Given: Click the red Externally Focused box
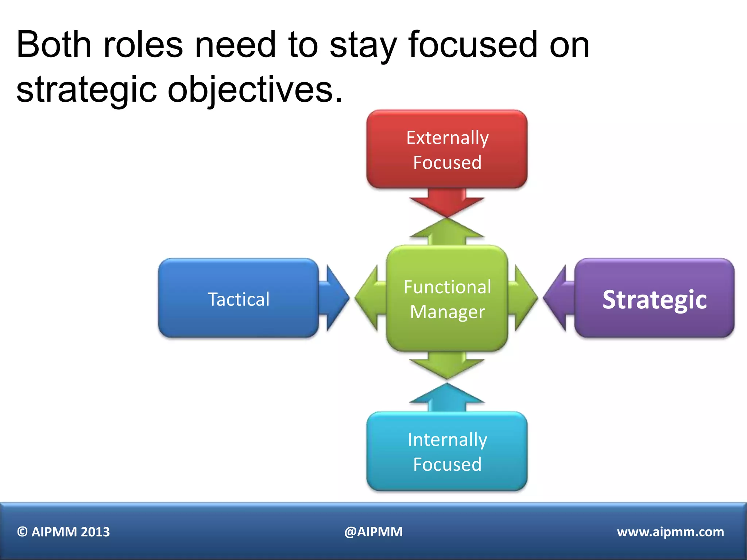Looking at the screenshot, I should (447, 149).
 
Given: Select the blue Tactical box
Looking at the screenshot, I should (239, 298).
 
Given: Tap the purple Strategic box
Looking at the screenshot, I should (654, 298).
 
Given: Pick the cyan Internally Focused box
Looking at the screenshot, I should (447, 451).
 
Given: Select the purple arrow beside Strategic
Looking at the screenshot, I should (558, 298).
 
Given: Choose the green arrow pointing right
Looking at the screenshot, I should (524, 298).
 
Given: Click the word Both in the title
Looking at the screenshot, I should (54, 44).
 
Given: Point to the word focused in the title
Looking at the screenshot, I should (473, 44).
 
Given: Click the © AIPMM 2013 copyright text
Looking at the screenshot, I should (63, 532).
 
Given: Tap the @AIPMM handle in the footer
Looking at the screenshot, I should (373, 532).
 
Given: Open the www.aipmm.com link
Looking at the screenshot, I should (670, 532).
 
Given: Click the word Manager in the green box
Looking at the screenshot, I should (447, 312).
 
